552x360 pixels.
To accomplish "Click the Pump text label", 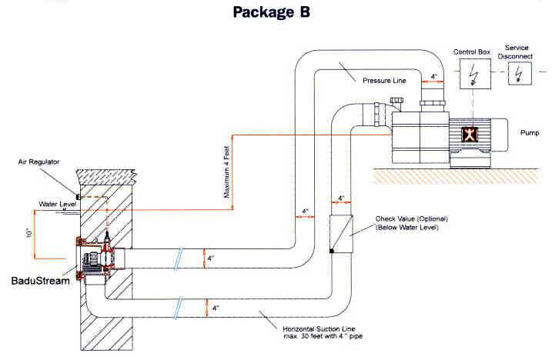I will click(530, 132).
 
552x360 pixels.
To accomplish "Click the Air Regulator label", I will click(40, 162).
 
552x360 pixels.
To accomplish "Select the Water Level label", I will click(55, 204).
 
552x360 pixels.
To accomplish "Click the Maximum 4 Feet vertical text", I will click(228, 173).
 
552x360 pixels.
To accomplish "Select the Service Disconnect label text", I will click(517, 52).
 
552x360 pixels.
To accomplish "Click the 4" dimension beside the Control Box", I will click(435, 75).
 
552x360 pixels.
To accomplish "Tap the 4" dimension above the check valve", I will click(342, 198).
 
